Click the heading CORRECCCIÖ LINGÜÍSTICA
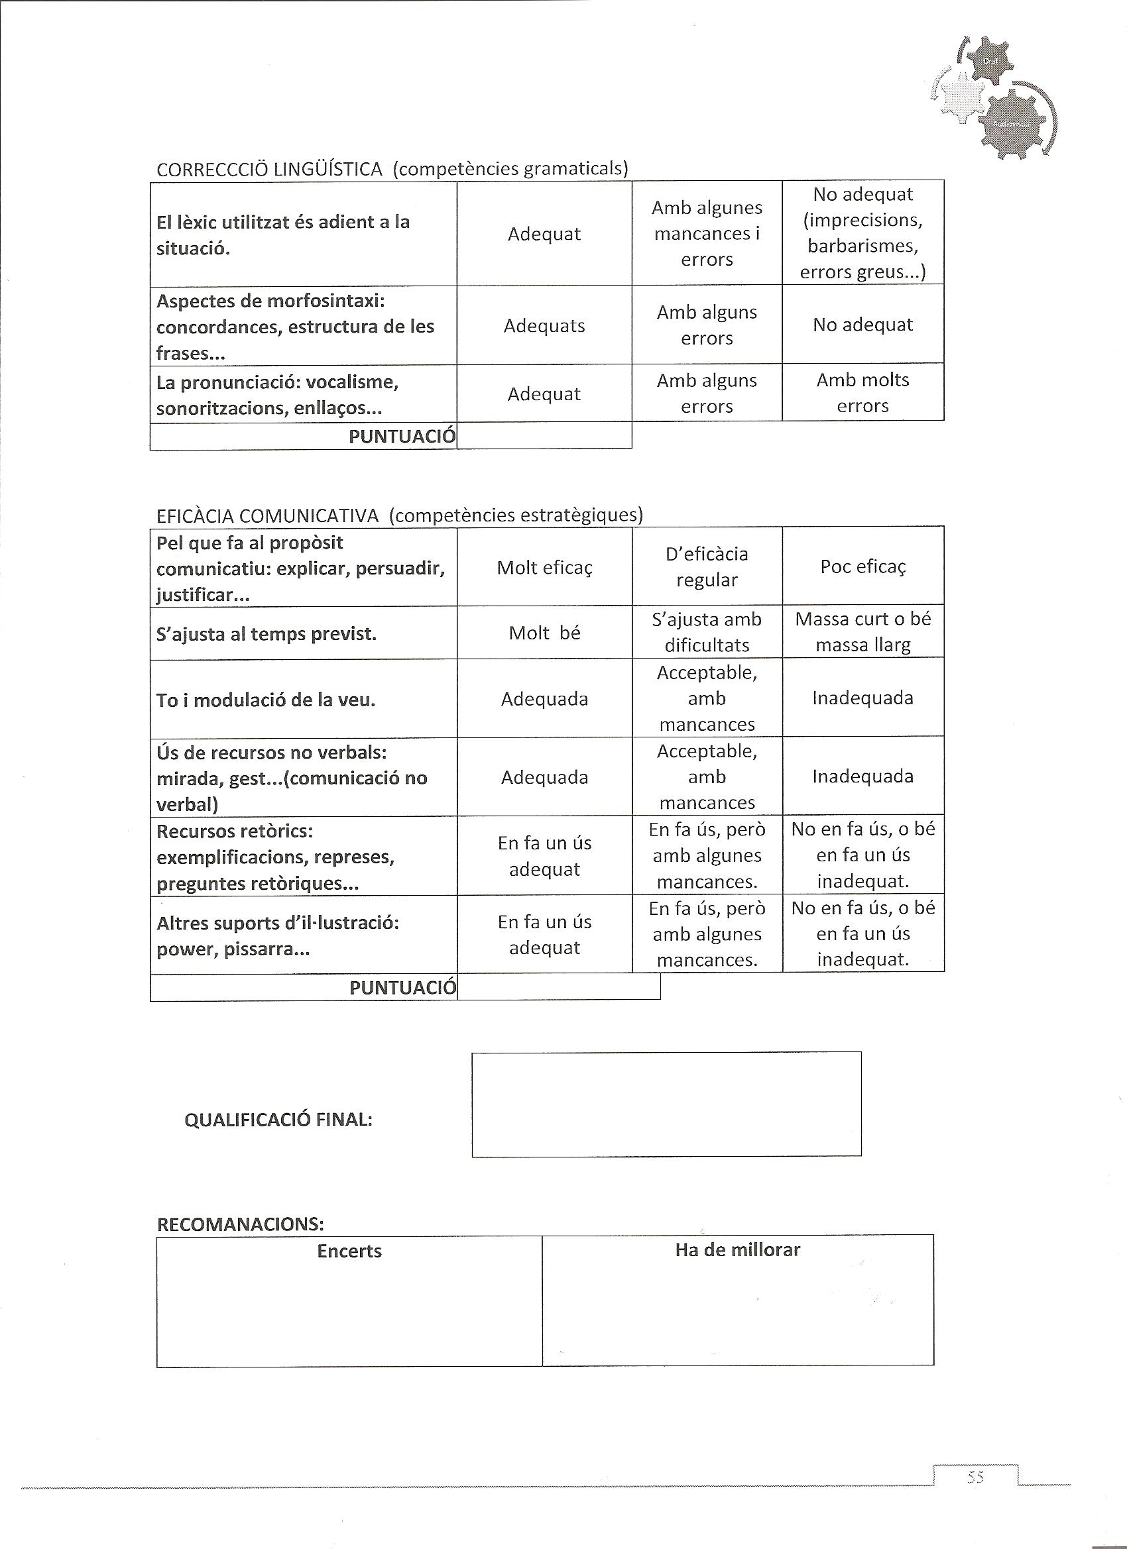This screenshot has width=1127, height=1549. tap(269, 170)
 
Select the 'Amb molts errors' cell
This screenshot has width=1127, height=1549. tap(862, 393)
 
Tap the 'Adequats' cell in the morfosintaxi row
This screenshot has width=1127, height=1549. tap(544, 326)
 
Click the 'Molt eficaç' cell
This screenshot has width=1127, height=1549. tap(544, 568)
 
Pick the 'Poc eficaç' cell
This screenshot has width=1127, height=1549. tap(862, 567)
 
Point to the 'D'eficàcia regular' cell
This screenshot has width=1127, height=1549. tap(707, 567)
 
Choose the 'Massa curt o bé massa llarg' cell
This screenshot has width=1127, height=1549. tap(862, 632)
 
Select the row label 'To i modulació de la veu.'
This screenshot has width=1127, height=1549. tap(266, 700)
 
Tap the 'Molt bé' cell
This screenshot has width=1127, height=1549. tap(544, 633)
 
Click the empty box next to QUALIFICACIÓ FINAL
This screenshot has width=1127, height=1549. tap(666, 1104)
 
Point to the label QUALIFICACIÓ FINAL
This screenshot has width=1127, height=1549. tap(278, 1120)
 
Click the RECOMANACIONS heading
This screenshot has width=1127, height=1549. tap(241, 1223)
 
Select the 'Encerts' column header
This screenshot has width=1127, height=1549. tap(349, 1252)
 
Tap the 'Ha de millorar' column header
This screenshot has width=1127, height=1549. tap(737, 1250)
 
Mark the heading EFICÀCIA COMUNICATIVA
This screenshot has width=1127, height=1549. tap(267, 515)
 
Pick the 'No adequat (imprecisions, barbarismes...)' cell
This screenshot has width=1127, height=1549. tap(862, 233)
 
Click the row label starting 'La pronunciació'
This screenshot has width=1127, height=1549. tap(278, 396)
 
